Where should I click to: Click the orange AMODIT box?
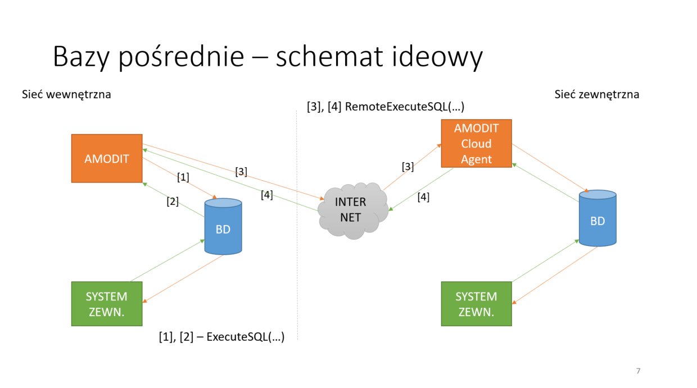coord(107,158)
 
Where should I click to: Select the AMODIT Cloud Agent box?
coord(476,144)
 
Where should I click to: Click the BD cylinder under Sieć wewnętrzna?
coord(223,227)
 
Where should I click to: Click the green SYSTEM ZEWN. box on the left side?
coord(107,304)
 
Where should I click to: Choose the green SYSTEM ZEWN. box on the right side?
coord(476,304)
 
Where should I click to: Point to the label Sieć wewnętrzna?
coord(66,94)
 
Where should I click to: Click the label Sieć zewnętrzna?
coord(596,94)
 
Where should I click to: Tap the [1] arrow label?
coord(183,177)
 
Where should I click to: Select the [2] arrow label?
coord(173,201)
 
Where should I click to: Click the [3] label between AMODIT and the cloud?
coord(241,172)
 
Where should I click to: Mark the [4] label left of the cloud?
coord(266,195)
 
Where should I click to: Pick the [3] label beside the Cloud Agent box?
coord(408,167)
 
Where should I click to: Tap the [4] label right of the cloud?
coord(423,197)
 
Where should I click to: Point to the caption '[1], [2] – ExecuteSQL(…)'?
coord(222,337)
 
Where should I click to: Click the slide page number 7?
coord(638,371)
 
